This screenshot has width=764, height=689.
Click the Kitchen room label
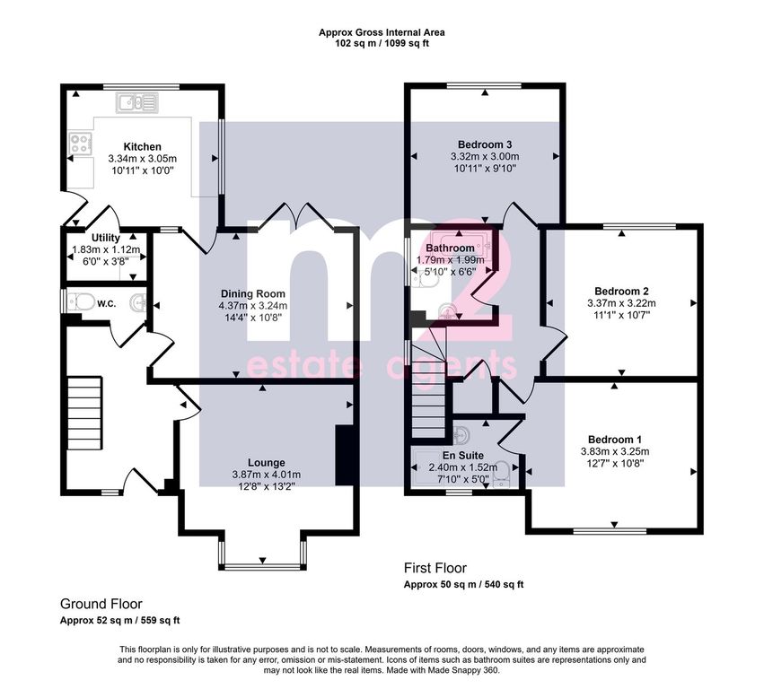(142, 146)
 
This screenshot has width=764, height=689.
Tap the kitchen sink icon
(137, 103)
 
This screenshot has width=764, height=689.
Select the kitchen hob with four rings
(81, 144)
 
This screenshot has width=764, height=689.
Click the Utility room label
(106, 238)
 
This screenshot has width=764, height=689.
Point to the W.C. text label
(106, 304)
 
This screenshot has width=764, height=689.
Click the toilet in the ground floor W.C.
(82, 302)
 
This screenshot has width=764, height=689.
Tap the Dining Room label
(253, 293)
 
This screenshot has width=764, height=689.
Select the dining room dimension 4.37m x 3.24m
(253, 306)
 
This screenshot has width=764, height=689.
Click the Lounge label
(267, 463)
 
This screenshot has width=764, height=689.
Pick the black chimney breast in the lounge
(344, 455)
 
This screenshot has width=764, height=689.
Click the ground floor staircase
(84, 413)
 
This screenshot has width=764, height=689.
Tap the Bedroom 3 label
(485, 144)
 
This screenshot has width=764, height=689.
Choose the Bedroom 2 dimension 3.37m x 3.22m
(622, 303)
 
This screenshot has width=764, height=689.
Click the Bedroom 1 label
(615, 440)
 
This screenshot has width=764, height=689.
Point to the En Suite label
(463, 455)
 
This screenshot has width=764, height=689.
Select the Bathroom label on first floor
(450, 248)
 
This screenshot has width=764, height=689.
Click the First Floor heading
(435, 568)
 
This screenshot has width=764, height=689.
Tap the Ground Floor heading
(101, 605)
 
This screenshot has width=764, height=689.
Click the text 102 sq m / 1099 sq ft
(382, 43)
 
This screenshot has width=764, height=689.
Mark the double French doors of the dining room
(295, 216)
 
